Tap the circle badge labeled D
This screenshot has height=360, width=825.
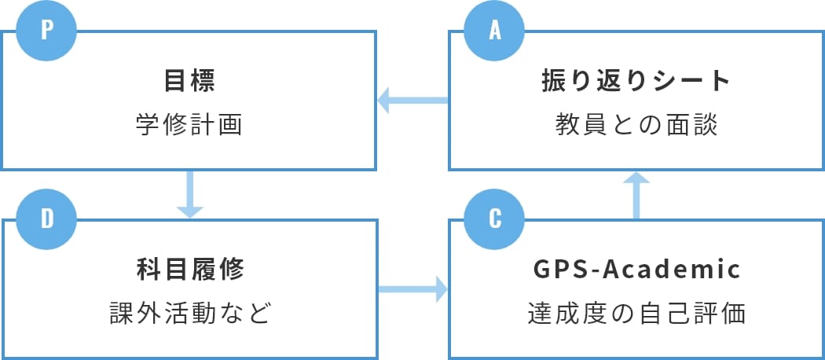tap(47, 218)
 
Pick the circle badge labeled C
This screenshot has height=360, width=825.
tap(494, 218)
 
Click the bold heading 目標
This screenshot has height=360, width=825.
tap(189, 81)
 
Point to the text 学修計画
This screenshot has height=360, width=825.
tap(189, 125)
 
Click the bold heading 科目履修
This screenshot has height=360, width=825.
tap(189, 270)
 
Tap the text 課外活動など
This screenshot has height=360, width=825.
tap(189, 313)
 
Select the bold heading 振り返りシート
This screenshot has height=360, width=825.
tap(636, 81)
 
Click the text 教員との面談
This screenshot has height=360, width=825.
tap(636, 125)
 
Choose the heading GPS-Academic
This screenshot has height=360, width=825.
tap(636, 270)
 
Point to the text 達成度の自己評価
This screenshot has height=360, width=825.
tap(636, 313)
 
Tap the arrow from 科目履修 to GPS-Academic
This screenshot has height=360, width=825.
tap(412, 290)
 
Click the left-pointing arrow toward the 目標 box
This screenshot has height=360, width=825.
tap(412, 101)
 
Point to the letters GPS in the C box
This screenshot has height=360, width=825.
tap(559, 270)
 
